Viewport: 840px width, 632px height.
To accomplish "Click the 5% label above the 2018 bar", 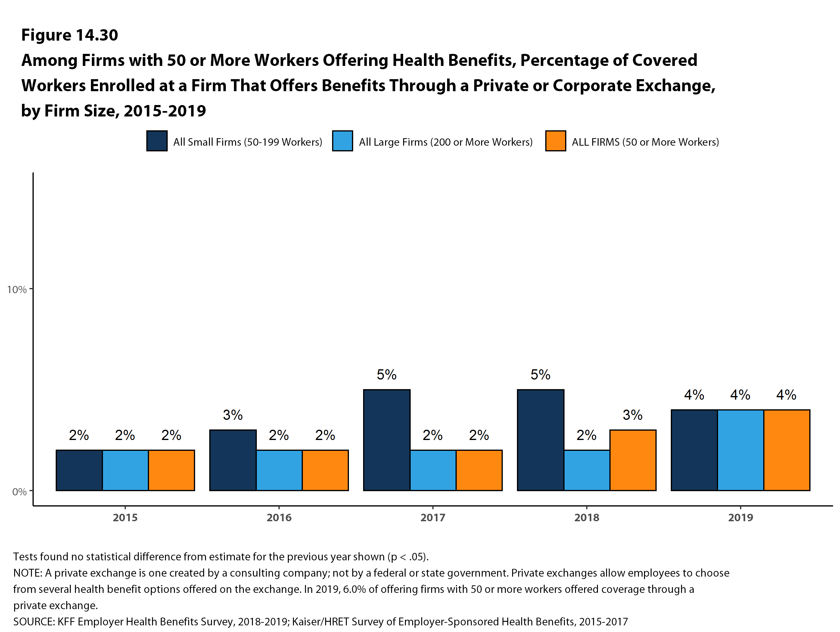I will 540,375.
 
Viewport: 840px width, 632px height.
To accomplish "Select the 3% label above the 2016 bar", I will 232,415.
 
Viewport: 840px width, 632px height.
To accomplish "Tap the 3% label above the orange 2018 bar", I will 632,415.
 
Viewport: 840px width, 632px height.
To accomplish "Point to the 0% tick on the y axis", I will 19,492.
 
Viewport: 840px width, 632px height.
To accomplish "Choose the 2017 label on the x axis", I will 433,517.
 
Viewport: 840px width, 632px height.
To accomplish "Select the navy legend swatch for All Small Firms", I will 157,141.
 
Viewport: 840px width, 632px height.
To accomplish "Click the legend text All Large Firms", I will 446,142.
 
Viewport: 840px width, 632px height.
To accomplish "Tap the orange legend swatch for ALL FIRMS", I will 555,141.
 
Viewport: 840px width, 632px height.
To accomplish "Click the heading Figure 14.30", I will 70,35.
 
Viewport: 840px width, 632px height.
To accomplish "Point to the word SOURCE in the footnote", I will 34,622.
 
